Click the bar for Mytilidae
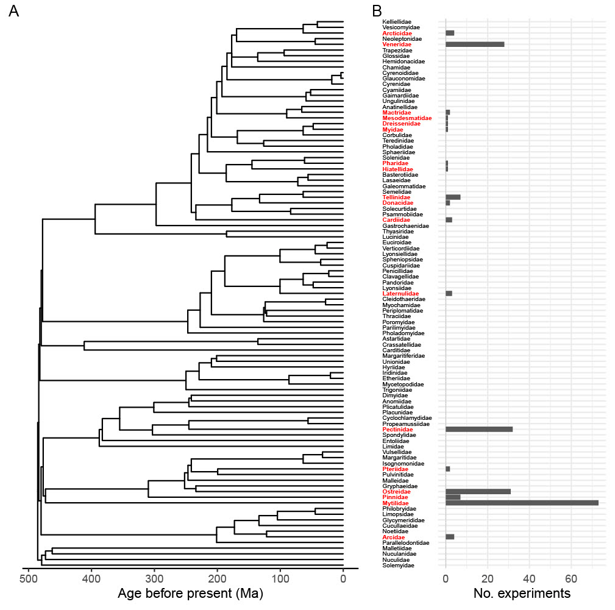522,503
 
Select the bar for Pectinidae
479,429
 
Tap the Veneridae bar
475,44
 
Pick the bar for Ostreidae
478,491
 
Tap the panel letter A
14,11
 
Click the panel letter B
377,11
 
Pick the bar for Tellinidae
453,197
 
